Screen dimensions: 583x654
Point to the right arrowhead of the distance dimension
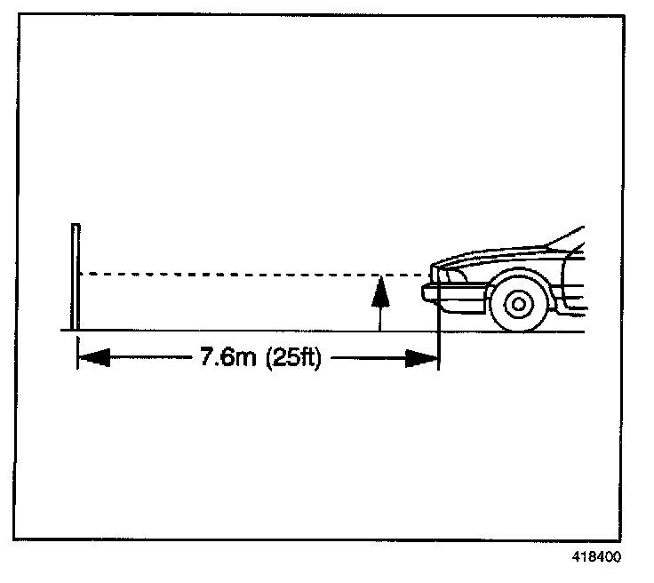point(423,359)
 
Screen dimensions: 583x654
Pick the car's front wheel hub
point(516,304)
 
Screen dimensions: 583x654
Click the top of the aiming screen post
point(77,227)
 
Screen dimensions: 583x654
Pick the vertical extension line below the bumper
point(439,338)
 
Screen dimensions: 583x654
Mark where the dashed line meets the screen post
point(80,274)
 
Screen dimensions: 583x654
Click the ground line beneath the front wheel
point(516,331)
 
